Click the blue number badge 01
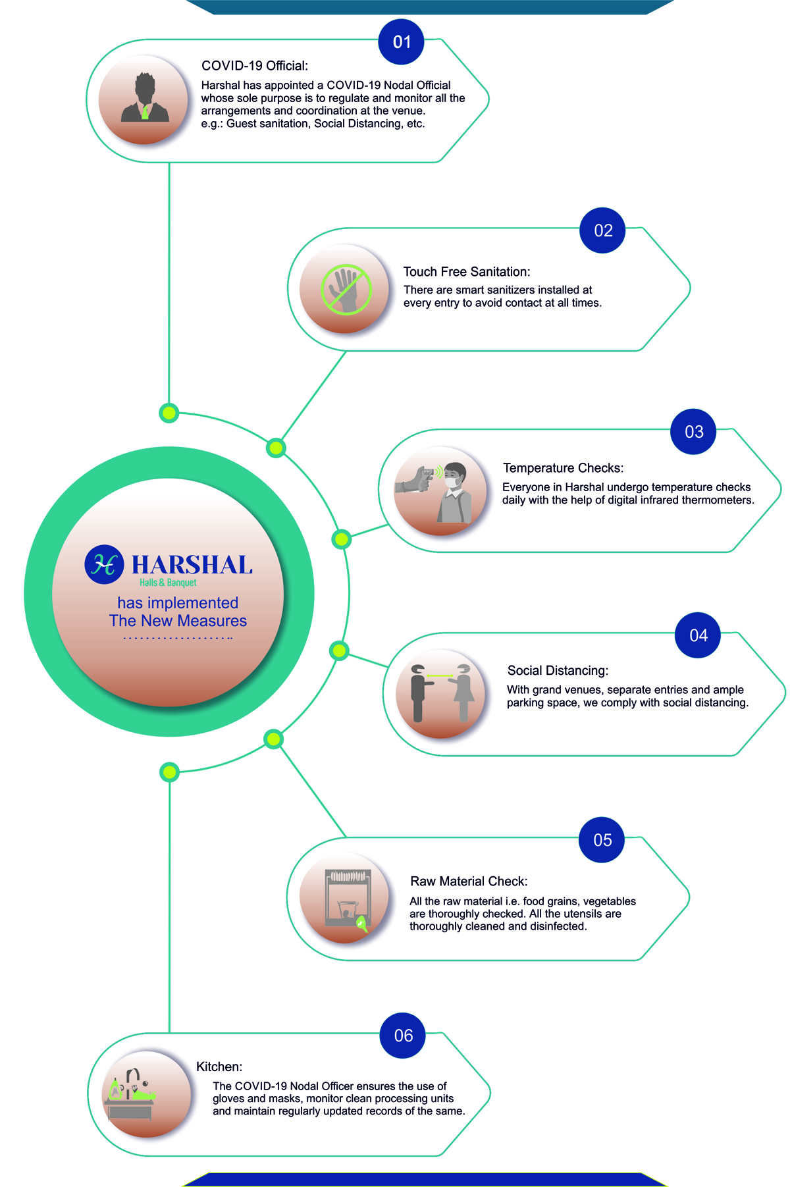[402, 42]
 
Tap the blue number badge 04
[698, 635]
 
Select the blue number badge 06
[403, 1036]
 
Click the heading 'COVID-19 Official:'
[254, 66]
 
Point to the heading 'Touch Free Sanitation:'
[466, 272]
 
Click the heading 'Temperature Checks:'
[563, 468]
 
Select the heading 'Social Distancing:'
[558, 671]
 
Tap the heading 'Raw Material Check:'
[469, 882]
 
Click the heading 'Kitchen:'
[219, 1067]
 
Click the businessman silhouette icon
[145, 99]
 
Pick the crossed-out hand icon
[346, 290]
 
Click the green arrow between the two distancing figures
[440, 675]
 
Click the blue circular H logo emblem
[104, 564]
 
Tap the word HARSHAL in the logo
[192, 565]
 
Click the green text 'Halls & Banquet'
[168, 583]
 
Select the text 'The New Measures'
[178, 621]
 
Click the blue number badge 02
[603, 230]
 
